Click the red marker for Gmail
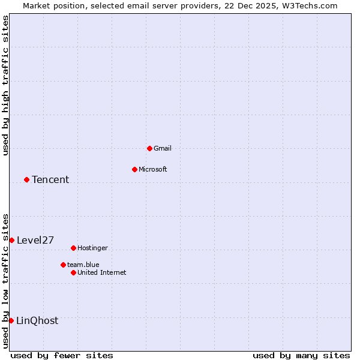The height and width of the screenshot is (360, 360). (x=149, y=148)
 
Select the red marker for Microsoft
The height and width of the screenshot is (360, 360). (x=134, y=169)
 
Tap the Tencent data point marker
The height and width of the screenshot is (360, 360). (x=26, y=179)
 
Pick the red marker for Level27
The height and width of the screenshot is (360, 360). (x=11, y=240)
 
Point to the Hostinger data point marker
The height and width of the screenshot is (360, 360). (x=73, y=248)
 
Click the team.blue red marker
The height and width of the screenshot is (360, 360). (x=63, y=265)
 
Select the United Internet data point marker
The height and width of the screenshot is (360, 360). (x=73, y=272)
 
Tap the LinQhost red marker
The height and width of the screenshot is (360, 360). (x=11, y=320)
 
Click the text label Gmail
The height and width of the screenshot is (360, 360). (x=163, y=148)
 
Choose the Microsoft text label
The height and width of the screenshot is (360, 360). (x=153, y=169)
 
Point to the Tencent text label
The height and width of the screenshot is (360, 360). (x=50, y=179)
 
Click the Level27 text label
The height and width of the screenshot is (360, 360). (x=35, y=240)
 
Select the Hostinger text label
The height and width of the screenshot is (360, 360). (x=92, y=248)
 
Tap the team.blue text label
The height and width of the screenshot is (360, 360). (x=83, y=265)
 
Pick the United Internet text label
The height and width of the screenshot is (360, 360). (x=102, y=272)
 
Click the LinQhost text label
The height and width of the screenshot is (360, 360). (x=37, y=320)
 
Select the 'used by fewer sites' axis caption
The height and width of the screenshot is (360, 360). (x=62, y=355)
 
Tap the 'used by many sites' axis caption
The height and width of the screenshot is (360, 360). (x=301, y=355)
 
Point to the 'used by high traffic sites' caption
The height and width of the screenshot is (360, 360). (x=5, y=85)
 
